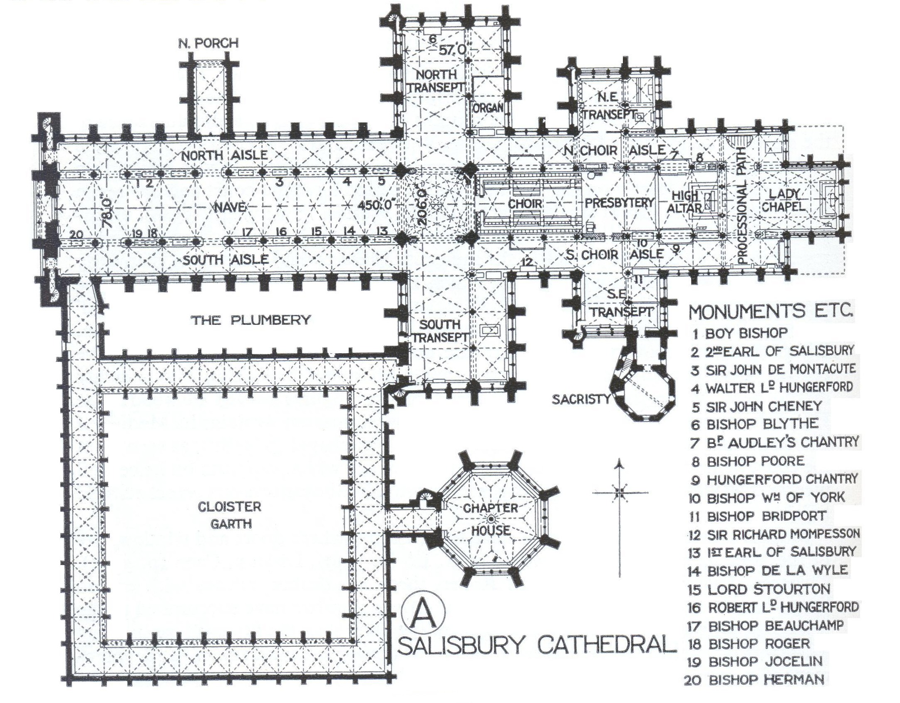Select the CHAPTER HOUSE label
tap(491, 519)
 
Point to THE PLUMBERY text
tap(251, 320)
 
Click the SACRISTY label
tap(580, 399)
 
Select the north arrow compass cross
tap(620, 493)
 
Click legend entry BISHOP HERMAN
tap(754, 680)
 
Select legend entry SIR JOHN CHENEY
tap(757, 406)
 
